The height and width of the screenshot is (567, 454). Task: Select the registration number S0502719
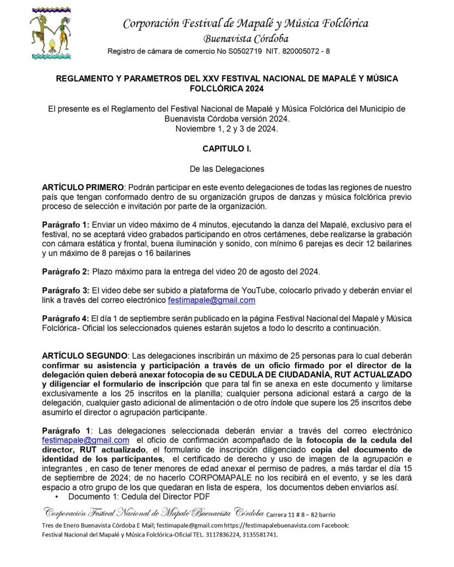[231, 51]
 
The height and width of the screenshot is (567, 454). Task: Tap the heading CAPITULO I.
[226, 149]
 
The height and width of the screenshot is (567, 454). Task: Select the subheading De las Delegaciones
[226, 168]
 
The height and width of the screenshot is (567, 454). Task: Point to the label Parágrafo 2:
[65, 271]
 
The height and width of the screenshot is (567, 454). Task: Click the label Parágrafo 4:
[65, 318]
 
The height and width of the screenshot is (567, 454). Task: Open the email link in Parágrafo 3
[211, 300]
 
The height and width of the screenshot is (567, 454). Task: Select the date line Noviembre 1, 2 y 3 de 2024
[226, 128]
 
